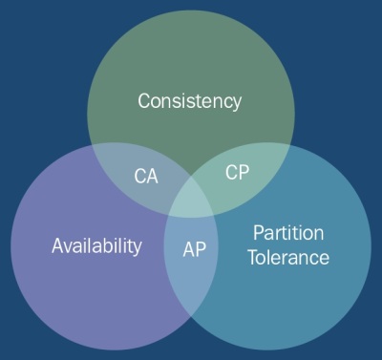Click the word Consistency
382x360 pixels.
(189, 100)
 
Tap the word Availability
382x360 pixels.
(96, 245)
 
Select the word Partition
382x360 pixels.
(288, 233)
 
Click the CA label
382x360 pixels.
(145, 177)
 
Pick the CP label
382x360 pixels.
(237, 172)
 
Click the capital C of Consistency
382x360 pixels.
(144, 100)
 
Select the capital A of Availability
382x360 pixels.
(56, 245)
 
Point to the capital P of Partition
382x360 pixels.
(258, 233)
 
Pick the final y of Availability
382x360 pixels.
(138, 247)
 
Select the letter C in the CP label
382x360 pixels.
(231, 172)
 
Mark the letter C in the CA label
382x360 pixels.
(138, 177)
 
